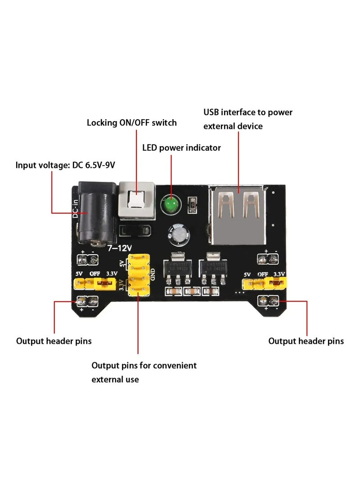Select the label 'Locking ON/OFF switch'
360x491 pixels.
coord(131,122)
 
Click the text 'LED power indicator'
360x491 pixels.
coord(181,148)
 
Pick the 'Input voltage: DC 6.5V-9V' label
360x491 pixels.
coord(65,165)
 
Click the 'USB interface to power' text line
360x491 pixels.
coord(248,112)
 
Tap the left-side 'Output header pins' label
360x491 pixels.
coord(54,341)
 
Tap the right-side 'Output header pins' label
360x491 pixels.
coord(306,341)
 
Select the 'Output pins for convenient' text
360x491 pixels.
coord(144,365)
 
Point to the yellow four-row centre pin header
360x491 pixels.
coord(139,275)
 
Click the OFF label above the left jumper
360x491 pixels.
coord(94,273)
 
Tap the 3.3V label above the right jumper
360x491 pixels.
coord(279,274)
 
